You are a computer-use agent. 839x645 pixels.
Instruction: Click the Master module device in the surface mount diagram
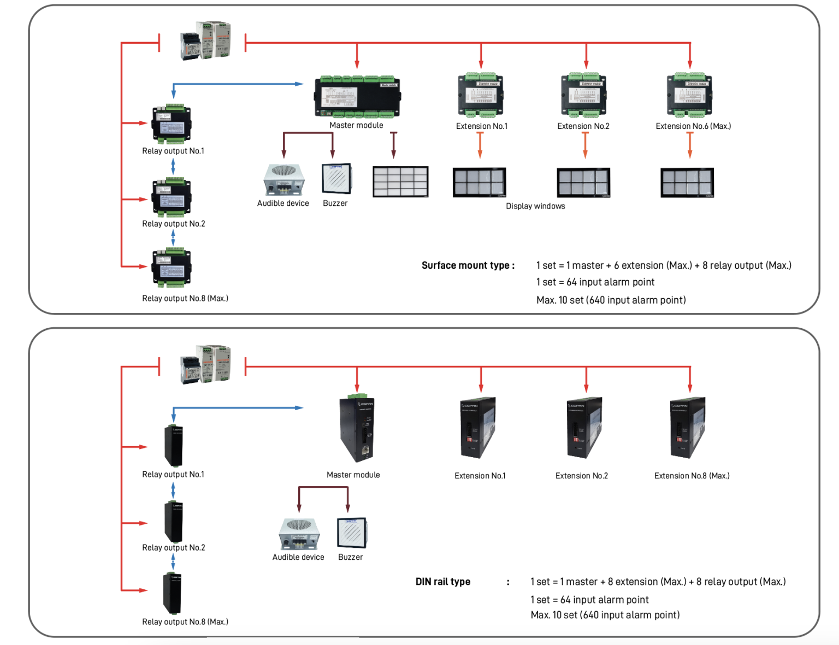click(x=357, y=97)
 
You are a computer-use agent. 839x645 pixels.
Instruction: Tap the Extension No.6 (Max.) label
click(x=693, y=126)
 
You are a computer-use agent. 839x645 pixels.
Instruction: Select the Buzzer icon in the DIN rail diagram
click(x=352, y=533)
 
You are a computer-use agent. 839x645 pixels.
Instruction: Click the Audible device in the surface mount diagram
click(x=283, y=180)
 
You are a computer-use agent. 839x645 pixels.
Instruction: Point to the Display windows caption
click(x=535, y=206)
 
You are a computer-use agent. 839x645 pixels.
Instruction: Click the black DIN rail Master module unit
click(x=357, y=429)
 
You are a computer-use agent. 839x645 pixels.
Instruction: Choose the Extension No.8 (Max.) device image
click(x=688, y=428)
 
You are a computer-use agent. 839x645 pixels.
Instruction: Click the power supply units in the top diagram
click(x=205, y=40)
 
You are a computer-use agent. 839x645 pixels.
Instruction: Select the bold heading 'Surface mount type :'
click(x=468, y=265)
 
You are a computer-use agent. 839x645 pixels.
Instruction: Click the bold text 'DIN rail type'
click(x=442, y=582)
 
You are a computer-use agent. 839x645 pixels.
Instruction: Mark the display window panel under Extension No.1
click(x=479, y=182)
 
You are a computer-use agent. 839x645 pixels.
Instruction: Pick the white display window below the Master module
click(x=400, y=181)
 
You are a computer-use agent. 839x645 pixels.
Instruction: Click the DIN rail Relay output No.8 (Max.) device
click(x=172, y=593)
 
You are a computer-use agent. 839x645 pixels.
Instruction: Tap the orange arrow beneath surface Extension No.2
click(x=585, y=145)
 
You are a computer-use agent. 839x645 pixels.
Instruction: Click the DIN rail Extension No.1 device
click(x=478, y=428)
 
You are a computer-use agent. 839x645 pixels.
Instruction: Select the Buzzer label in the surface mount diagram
click(x=335, y=203)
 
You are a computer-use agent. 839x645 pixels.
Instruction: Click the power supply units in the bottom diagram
click(x=205, y=364)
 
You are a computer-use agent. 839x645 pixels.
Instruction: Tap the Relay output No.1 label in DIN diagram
click(x=173, y=474)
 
